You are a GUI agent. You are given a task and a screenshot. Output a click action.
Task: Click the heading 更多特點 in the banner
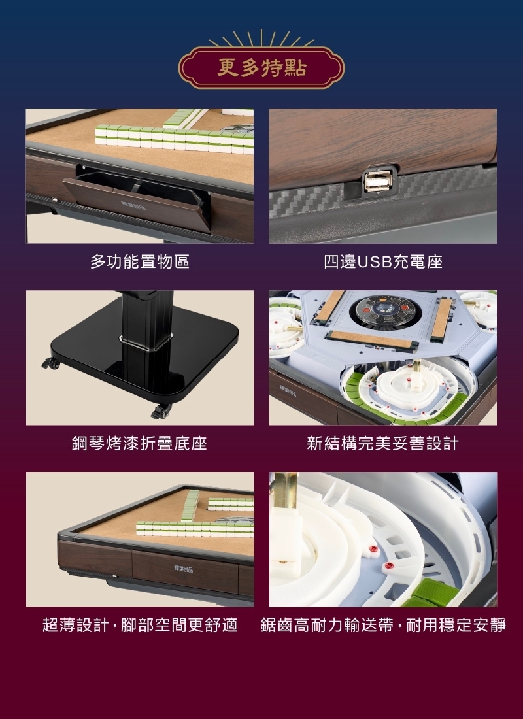[261, 68]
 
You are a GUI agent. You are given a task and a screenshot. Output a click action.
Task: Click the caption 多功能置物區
[139, 262]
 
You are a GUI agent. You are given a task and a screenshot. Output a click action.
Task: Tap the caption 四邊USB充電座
[383, 262]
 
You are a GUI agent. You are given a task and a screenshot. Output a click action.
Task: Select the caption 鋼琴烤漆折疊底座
[139, 444]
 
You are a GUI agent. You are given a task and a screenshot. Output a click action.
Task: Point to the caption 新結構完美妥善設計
[383, 444]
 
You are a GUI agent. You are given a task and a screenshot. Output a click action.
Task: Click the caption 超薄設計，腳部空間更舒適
[139, 625]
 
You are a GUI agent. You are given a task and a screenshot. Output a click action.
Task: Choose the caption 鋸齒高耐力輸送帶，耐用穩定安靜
[383, 625]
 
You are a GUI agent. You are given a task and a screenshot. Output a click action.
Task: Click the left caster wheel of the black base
[50, 363]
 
